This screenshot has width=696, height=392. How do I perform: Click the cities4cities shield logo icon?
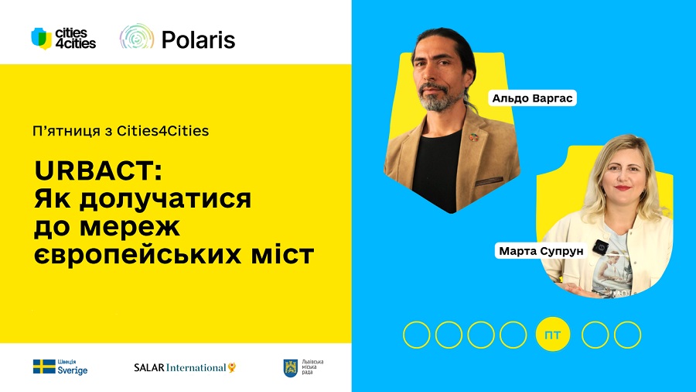tap(41, 38)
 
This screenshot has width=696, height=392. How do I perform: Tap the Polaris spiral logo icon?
tap(137, 38)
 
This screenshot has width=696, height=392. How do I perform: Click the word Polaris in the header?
tap(198, 39)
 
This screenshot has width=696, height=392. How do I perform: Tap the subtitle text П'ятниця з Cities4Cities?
tap(121, 131)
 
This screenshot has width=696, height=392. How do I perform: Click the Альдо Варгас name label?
tap(534, 98)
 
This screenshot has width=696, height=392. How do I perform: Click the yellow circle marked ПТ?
tap(552, 335)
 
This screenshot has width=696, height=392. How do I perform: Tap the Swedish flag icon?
tap(43, 366)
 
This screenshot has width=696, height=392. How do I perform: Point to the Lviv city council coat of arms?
tap(291, 367)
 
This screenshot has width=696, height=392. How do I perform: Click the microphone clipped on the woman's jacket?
tap(599, 246)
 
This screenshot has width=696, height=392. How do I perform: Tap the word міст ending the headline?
tap(285, 253)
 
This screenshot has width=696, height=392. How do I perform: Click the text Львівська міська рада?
tap(313, 367)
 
